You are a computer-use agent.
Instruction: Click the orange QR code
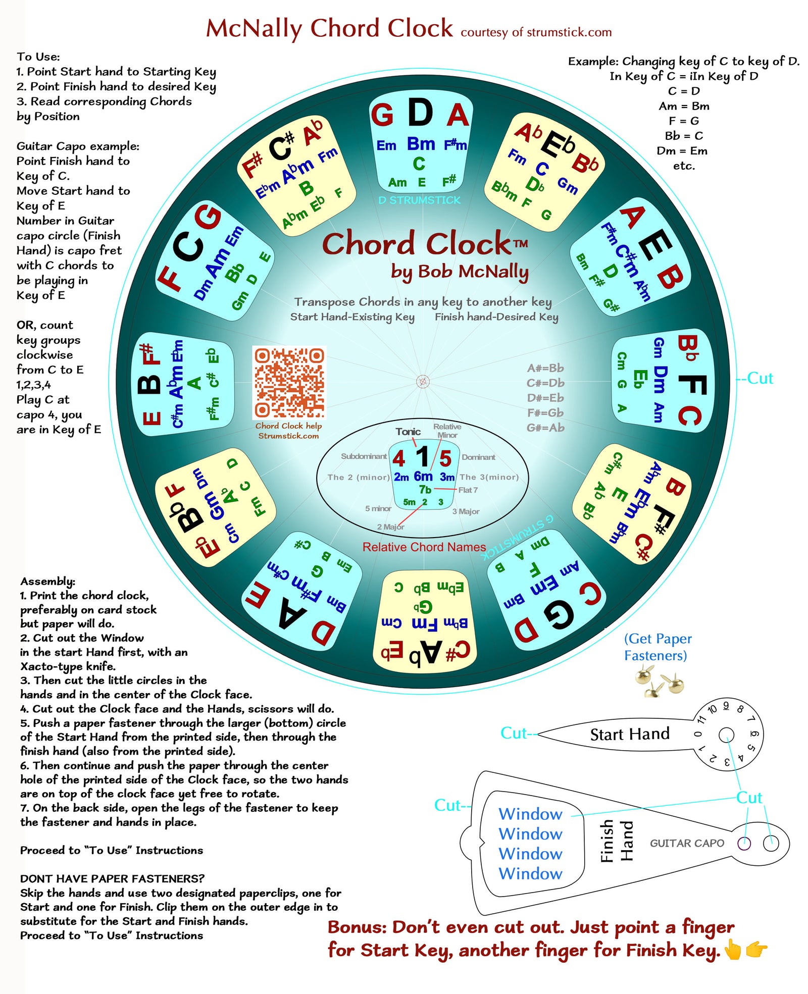point(289,382)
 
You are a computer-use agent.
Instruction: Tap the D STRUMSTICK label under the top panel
point(419,200)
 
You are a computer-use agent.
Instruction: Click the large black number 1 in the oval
point(422,457)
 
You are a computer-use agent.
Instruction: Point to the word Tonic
point(408,432)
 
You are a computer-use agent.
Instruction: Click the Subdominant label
point(364,456)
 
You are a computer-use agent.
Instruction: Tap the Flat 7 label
point(468,490)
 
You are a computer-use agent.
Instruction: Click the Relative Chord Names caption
point(424,547)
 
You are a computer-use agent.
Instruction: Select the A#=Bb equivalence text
point(545,368)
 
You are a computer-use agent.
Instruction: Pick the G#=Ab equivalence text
point(545,428)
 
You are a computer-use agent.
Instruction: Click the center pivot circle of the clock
point(423,382)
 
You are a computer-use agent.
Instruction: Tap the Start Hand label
point(630,734)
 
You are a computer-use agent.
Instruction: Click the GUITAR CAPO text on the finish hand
point(687,843)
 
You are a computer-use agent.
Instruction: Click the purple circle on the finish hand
point(744,843)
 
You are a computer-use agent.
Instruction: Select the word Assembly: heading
point(47,581)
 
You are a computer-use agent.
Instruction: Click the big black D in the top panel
point(420,113)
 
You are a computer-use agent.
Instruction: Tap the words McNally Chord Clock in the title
point(329,29)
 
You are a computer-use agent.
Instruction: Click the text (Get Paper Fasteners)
point(658,647)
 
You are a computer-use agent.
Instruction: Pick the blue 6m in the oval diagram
point(423,476)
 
